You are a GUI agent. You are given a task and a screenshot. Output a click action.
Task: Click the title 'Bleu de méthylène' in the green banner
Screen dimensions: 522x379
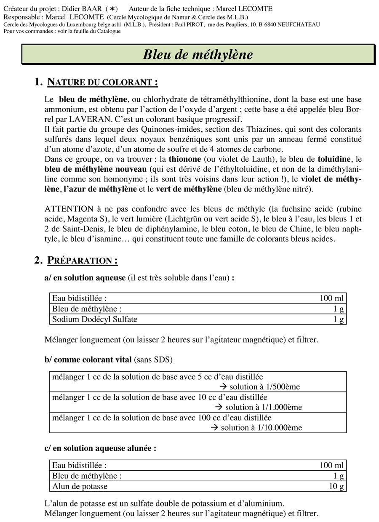click(198, 55)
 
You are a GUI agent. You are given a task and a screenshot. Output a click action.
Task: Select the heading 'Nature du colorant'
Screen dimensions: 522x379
click(103, 82)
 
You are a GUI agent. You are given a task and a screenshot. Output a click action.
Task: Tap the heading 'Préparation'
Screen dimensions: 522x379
click(82, 261)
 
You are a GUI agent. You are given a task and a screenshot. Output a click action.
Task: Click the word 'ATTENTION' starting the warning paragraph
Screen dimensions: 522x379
click(69, 209)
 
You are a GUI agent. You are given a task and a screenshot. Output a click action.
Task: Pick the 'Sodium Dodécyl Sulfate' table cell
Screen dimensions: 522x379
click(95, 319)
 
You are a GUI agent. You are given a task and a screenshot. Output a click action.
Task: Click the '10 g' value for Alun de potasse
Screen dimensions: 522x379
click(336, 486)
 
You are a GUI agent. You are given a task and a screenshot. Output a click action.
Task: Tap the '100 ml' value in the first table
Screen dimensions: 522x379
click(332, 298)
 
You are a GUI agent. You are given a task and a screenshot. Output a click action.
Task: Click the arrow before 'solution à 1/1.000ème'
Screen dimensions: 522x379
click(219, 407)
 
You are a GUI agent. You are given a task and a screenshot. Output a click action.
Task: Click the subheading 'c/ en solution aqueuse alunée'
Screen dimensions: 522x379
click(100, 448)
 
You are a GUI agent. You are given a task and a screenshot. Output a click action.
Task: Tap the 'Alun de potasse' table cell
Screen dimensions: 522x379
click(80, 486)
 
